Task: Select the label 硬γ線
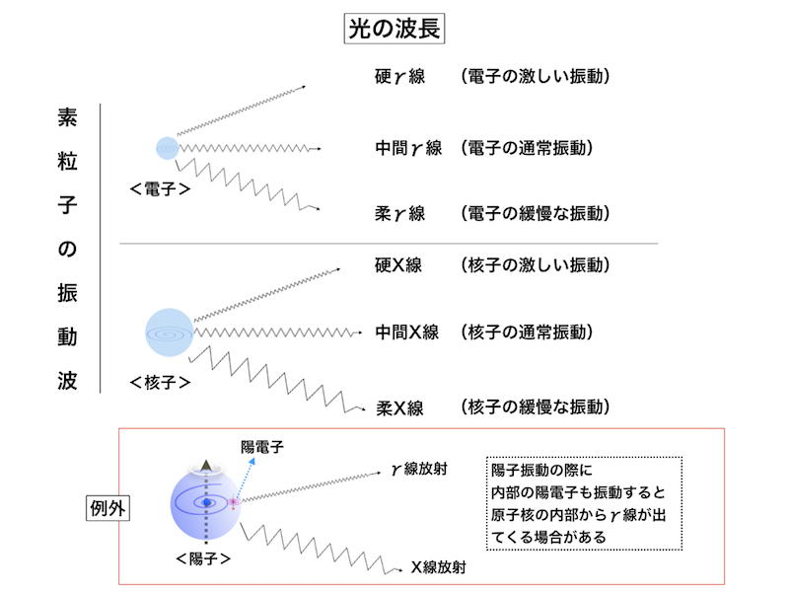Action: [x=399, y=76]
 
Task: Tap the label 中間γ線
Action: [x=408, y=149]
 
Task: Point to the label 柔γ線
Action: [x=399, y=213]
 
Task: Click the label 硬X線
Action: [x=399, y=266]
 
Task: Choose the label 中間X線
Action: [x=406, y=333]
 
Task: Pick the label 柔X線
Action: [x=399, y=407]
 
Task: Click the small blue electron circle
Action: [x=167, y=148]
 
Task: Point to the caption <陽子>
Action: [x=203, y=558]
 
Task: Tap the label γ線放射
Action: [x=420, y=470]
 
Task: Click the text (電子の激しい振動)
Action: [x=532, y=76]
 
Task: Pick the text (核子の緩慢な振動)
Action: [x=532, y=407]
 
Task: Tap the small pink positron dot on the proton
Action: [x=235, y=502]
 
